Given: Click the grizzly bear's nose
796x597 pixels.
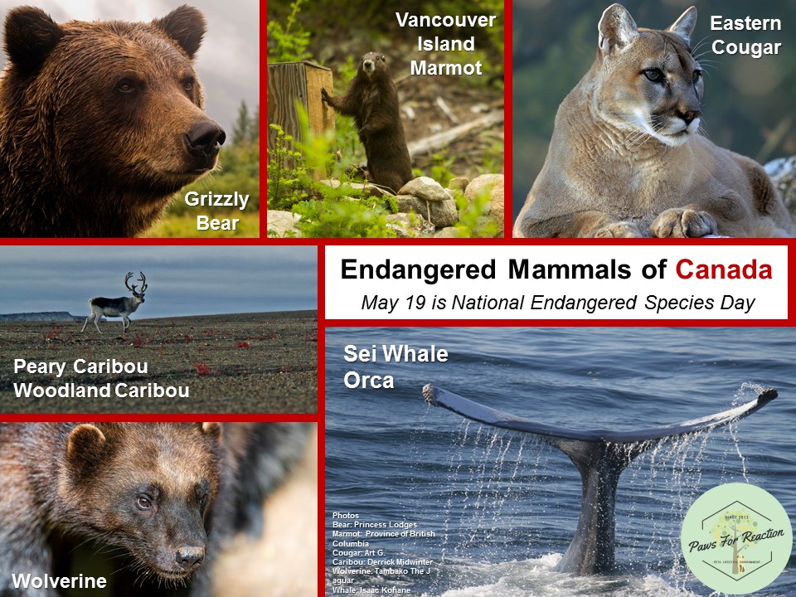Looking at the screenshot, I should pos(205,134).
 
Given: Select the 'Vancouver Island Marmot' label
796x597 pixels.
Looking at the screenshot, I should pos(445,44).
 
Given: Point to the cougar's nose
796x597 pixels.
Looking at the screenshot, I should pos(687,114).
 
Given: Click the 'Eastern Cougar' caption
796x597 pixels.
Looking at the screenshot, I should pos(745,36).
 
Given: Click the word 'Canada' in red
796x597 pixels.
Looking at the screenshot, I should pos(724,269).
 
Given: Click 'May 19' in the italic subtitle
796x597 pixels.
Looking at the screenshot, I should pos(387,303).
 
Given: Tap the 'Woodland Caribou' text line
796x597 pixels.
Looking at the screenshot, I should pos(101,390).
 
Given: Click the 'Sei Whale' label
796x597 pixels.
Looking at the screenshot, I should pos(396,356).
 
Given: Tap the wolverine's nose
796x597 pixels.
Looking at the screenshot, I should pos(189,556).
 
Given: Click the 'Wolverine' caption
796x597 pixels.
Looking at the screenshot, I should pos(59,581).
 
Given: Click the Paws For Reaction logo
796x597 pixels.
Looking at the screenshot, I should pos(735,539).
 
